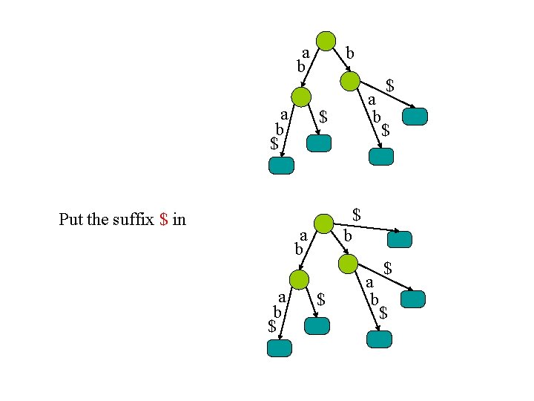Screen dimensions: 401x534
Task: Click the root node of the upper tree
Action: pyautogui.click(x=325, y=41)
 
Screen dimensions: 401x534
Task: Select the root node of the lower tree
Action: pyautogui.click(x=323, y=223)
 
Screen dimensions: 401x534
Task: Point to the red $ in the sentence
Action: pyautogui.click(x=164, y=219)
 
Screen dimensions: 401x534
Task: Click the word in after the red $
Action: pyautogui.click(x=179, y=219)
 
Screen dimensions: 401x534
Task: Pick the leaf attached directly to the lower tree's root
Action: pyautogui.click(x=399, y=239)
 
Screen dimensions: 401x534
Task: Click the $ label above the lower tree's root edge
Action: pyautogui.click(x=357, y=215)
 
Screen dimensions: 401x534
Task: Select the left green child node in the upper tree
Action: pyautogui.click(x=301, y=97)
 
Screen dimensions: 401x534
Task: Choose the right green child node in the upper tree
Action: pyautogui.click(x=349, y=81)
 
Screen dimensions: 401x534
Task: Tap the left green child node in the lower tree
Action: pyautogui.click(x=299, y=280)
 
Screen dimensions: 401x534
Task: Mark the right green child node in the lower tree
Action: pyautogui.click(x=347, y=264)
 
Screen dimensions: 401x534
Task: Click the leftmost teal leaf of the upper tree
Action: pyautogui.click(x=281, y=166)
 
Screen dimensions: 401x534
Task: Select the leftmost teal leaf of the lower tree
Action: pyautogui.click(x=279, y=348)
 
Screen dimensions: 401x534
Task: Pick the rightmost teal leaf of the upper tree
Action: pyautogui.click(x=415, y=117)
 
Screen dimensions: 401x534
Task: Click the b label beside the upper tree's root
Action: pyautogui.click(x=351, y=53)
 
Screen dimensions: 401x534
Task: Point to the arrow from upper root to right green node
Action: pyautogui.click(x=338, y=62)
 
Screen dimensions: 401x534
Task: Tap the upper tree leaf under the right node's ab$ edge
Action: pyautogui.click(x=381, y=156)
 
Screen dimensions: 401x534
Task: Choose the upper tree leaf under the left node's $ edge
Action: pyautogui.click(x=318, y=143)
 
